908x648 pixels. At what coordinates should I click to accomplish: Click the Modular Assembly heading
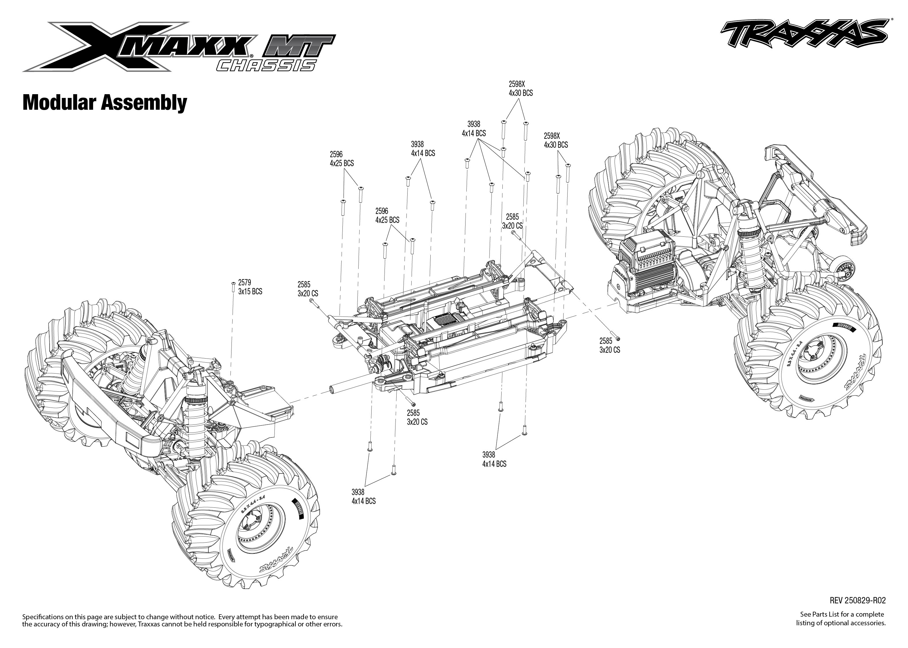click(105, 103)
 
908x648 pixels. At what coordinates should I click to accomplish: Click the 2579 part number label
click(244, 283)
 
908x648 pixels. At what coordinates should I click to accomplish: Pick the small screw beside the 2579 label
click(233, 287)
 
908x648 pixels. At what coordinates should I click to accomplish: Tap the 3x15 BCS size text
click(250, 292)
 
